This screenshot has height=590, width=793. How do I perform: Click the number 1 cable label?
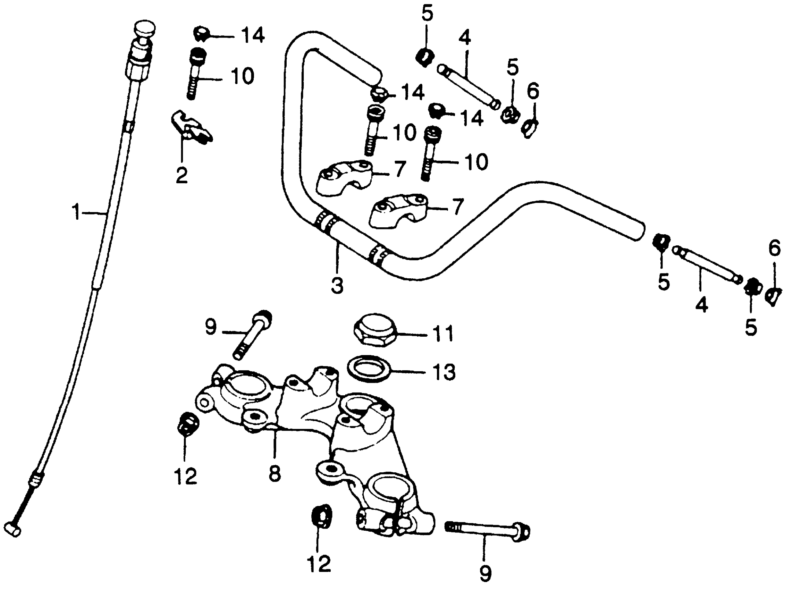point(76,212)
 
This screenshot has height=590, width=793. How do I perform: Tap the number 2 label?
point(182,175)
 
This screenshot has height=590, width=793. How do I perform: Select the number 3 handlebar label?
point(337,285)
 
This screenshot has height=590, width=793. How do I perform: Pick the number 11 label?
point(442,334)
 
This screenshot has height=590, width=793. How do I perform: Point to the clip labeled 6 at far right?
point(773,296)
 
